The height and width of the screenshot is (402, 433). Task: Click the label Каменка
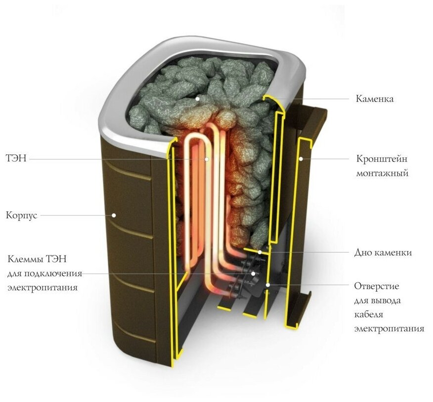375,99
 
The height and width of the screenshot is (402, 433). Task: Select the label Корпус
21,215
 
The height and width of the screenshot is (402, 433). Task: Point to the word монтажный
382,173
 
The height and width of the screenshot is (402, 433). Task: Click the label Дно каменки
383,252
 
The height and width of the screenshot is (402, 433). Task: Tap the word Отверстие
377,286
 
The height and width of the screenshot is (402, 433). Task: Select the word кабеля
369,314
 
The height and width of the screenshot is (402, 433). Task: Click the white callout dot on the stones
197,99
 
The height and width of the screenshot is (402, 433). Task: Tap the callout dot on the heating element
207,159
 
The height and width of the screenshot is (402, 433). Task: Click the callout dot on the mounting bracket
301,159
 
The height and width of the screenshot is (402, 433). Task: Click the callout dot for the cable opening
267,285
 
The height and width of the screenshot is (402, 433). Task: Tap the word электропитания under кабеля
389,328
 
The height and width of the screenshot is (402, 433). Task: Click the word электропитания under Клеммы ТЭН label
42,287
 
